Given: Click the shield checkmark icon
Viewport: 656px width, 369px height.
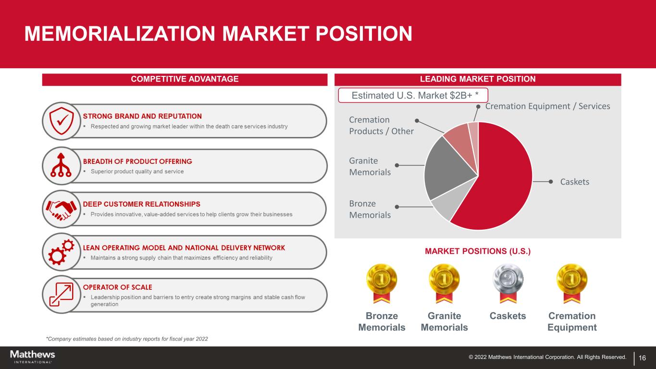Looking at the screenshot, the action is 61,121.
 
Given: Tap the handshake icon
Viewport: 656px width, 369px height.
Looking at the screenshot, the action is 61,209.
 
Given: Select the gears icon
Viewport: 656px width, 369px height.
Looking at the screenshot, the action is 61,252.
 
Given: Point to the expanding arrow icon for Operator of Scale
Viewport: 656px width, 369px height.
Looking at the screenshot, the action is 61,295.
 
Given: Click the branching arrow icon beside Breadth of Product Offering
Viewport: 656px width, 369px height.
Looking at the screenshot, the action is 61,165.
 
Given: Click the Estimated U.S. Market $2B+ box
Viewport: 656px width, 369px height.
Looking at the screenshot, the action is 413,95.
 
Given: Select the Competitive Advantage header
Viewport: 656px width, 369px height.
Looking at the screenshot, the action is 185,79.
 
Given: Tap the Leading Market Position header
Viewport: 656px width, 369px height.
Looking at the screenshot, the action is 478,79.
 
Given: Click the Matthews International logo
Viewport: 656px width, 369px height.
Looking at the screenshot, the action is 33,357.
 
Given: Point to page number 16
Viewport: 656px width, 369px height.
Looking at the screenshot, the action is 642,358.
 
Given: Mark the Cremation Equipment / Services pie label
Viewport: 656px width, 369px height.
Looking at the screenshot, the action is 548,106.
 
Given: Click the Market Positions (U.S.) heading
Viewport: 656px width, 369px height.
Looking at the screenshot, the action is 478,251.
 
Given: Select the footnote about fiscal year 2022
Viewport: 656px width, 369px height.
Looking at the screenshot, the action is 127,339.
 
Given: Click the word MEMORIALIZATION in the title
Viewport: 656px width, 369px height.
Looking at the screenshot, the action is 120,34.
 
